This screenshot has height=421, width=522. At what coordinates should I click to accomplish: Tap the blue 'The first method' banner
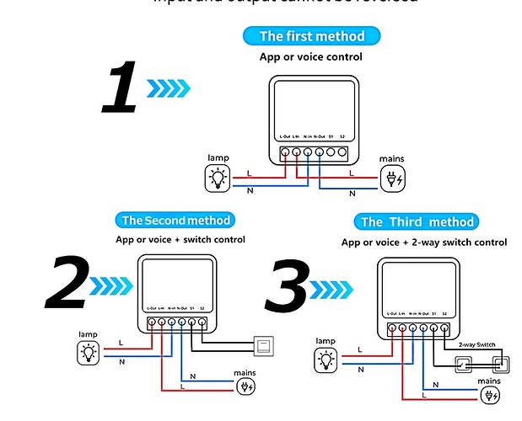[x=311, y=36]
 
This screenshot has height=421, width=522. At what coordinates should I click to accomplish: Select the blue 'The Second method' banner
[x=175, y=221]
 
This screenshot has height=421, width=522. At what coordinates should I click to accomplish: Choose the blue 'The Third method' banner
[x=417, y=222]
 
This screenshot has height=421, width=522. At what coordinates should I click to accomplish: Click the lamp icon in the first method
[x=218, y=178]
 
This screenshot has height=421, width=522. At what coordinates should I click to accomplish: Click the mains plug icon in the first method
[x=393, y=178]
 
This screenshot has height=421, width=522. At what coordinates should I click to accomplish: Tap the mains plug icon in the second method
[x=245, y=386]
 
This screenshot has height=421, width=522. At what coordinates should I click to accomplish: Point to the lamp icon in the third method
[x=325, y=361]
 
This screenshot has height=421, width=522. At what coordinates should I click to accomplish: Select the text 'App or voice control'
[x=310, y=57]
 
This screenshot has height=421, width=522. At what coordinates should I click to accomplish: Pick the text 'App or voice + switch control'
[x=180, y=240]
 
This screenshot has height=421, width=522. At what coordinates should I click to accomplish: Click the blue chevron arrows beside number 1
[x=169, y=87]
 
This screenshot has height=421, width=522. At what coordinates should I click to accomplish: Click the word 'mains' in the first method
[x=391, y=158]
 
